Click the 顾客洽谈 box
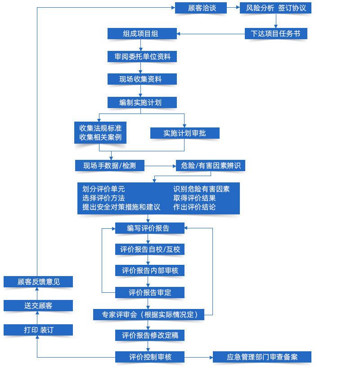click(201, 8)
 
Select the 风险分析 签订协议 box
click(275, 8)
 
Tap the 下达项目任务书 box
click(276, 33)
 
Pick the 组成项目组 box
click(142, 33)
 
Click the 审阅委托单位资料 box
click(142, 56)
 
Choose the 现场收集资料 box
click(142, 79)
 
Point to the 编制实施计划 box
click(142, 103)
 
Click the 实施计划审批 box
click(185, 133)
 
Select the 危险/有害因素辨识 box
click(211, 165)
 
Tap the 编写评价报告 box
click(150, 228)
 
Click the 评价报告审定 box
click(150, 293)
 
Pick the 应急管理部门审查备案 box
click(262, 357)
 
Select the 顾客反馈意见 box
click(38, 281)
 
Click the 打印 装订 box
click(38, 330)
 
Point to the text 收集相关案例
click(100, 137)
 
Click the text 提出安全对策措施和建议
click(121, 207)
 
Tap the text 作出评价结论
click(194, 207)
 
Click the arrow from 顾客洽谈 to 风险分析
click(233, 8)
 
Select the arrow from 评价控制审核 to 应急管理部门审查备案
click(198, 357)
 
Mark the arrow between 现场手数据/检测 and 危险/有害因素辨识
click(160, 166)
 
